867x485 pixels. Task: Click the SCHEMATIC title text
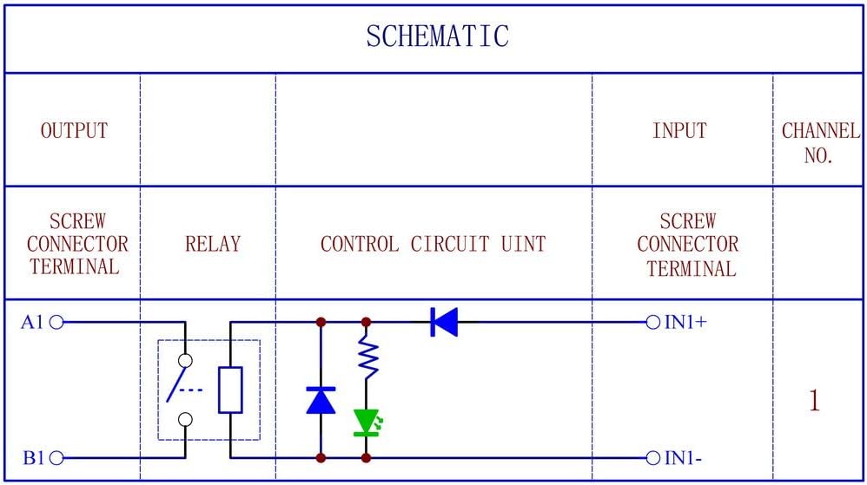[x=436, y=36]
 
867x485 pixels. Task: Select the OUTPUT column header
[x=75, y=131]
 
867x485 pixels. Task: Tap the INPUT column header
[x=679, y=131]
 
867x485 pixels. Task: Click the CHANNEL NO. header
[x=819, y=144]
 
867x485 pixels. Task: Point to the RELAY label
[x=212, y=245]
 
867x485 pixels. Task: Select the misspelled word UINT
[x=523, y=245]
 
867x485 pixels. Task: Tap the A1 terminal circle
[x=57, y=322]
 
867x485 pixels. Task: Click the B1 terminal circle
[x=57, y=457]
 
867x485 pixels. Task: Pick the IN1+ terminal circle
[x=653, y=322]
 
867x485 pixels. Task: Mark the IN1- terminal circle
[x=653, y=457]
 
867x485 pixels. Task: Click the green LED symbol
[x=366, y=422]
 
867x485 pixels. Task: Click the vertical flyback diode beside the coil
[x=321, y=400]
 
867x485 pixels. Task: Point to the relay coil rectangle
[x=230, y=390]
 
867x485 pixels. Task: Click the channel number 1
[x=814, y=401]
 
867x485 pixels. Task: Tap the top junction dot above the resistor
[x=366, y=322]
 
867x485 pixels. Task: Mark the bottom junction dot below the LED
[x=366, y=457]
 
